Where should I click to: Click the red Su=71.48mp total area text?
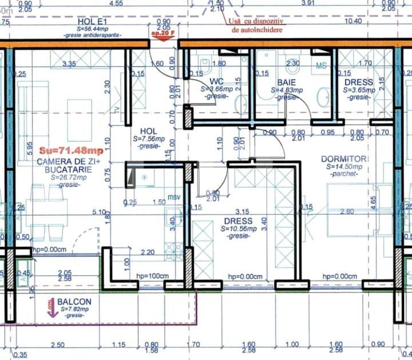(70, 151)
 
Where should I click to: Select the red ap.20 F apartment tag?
(163, 34)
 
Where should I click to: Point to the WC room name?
(216, 82)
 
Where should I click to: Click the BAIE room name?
(286, 82)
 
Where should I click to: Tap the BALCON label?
(74, 301)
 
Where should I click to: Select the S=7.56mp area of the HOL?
(149, 139)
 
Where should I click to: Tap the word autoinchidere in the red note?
(257, 29)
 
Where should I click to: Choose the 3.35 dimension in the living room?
(69, 63)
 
